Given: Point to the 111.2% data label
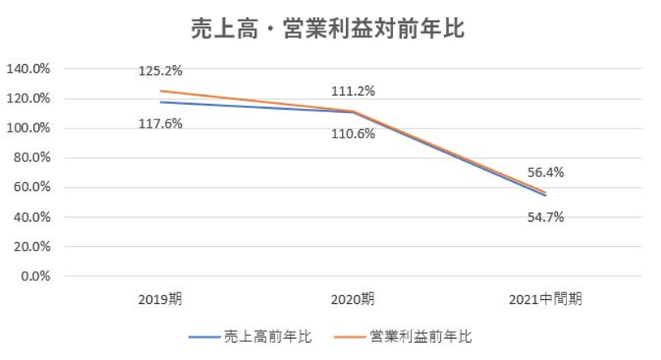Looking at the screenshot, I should (352, 91).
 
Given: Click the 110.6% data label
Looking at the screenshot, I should (352, 133).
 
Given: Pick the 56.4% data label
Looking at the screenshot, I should (545, 172).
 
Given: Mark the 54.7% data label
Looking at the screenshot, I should (545, 217).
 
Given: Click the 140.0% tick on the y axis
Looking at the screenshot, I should (28, 69).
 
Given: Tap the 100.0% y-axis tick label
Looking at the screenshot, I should (28, 128).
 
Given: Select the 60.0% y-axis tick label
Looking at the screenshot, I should (32, 188).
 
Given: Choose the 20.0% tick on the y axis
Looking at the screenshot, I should (32, 247).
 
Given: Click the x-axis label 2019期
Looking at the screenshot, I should (160, 299).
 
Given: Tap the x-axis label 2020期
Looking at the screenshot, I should (352, 299).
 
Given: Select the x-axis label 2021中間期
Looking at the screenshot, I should (545, 299).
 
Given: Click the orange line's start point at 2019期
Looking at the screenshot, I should (160, 91).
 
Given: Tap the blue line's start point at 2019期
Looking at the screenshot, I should (160, 102).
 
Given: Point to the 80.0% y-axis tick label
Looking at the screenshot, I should (32, 158).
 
